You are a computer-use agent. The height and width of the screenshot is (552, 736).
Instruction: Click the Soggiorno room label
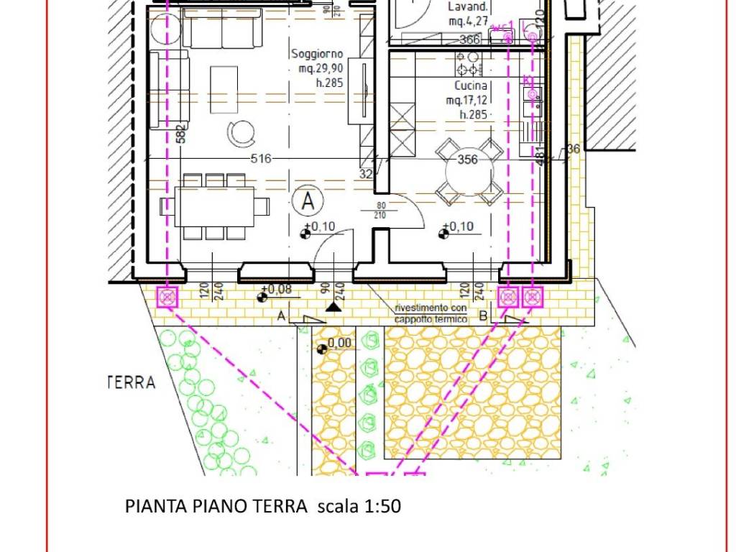pos(317,54)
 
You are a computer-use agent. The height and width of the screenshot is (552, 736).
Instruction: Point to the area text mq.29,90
pos(321,69)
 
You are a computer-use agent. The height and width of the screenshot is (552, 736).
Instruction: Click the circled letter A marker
pos(308,202)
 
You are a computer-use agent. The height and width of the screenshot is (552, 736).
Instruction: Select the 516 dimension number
pos(261,159)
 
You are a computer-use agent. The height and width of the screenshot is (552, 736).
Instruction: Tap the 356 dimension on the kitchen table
pos(468,160)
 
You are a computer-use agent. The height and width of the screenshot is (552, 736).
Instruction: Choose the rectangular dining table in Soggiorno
pos(213,206)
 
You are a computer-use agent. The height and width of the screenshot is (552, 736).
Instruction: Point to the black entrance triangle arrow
pos(332,307)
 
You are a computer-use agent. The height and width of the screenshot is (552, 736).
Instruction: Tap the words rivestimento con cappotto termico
pos(431,313)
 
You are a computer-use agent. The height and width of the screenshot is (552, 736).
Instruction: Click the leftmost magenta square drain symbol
pos(167,296)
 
